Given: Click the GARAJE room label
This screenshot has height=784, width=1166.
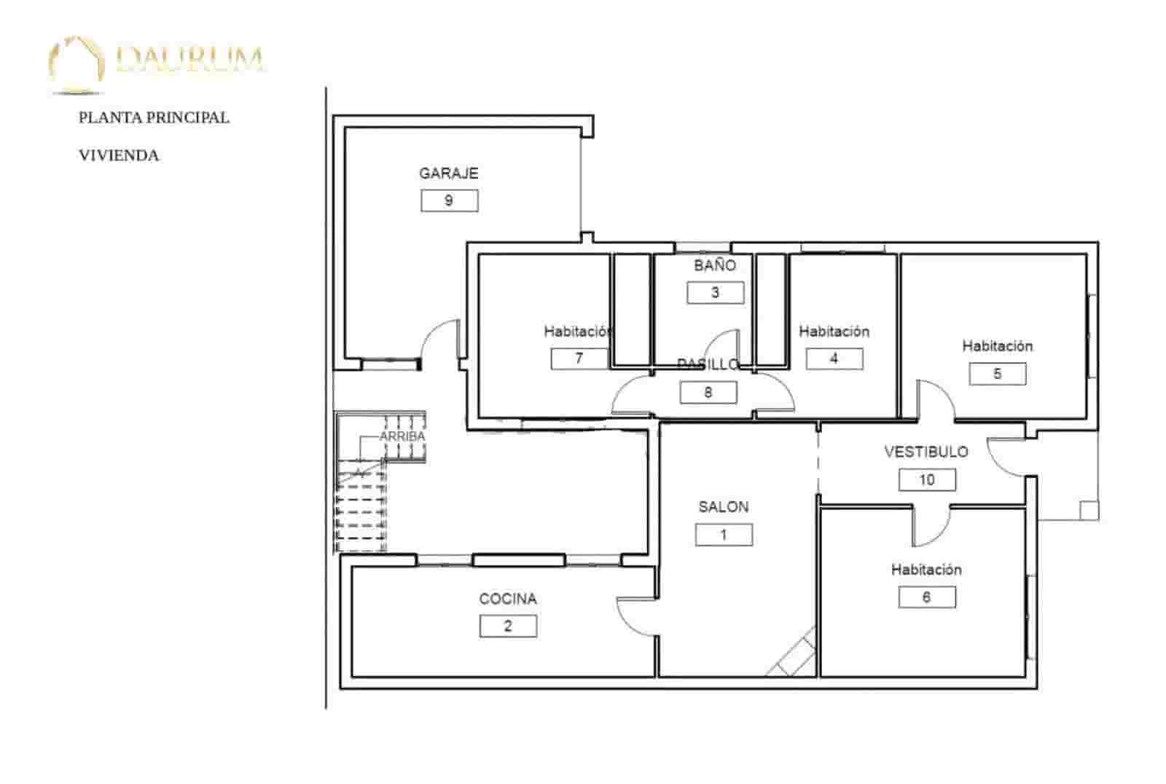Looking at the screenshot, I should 448,173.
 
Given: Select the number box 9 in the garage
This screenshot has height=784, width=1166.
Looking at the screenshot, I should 449,200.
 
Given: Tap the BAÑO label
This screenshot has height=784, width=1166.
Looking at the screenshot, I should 714,265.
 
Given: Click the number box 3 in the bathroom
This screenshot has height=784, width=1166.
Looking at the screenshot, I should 715,292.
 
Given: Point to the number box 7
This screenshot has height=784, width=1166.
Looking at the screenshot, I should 579,358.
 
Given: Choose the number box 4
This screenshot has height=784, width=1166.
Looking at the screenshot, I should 834,358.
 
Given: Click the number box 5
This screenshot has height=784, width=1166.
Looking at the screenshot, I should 997,374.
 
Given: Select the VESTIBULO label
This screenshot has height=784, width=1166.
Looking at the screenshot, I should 926,452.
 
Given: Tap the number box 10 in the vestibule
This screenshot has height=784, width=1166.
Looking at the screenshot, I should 926,479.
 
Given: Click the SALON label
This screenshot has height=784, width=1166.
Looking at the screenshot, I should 723,506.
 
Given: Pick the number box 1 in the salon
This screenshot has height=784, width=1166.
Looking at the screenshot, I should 723,535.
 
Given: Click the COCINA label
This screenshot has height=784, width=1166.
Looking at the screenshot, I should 508,599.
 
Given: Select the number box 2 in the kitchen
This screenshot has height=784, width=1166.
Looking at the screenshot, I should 508,626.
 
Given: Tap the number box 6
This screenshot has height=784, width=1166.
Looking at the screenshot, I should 926,597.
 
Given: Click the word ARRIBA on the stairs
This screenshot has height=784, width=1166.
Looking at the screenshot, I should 402,436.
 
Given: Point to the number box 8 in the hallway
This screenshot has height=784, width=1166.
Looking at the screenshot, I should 708,393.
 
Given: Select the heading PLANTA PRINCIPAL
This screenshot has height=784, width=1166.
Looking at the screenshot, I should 154,117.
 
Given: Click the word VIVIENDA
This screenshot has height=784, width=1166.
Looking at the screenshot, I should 119,155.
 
